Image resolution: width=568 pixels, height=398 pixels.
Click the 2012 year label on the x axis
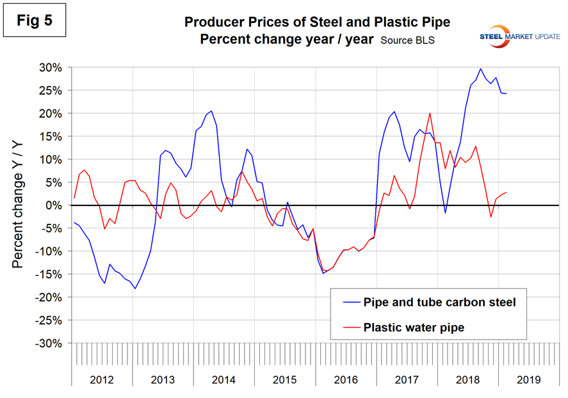pos(102,379)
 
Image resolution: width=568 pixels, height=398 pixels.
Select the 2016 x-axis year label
pos(346,379)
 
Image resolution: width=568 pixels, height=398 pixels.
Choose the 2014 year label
pos(224,379)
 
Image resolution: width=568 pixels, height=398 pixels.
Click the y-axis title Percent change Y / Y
pos(19,205)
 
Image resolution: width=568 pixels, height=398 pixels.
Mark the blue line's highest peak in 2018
pos(480,68)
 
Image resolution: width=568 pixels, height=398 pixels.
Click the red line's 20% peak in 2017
pos(430,113)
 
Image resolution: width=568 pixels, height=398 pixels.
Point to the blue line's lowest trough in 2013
pos(135,289)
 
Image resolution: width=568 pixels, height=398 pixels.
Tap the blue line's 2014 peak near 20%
pos(211,111)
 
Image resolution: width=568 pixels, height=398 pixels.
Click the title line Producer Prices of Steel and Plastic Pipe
pos(317,22)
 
